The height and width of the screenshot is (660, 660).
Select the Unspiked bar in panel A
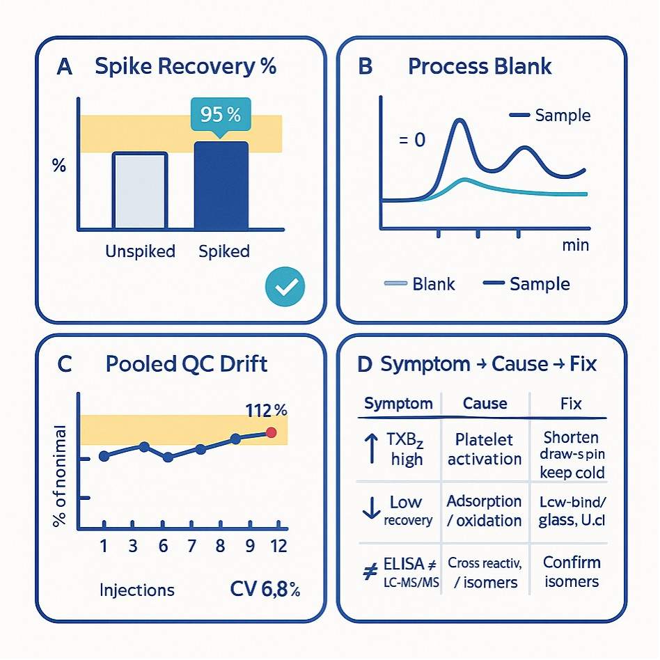point(140,191)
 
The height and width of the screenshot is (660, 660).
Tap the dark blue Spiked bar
point(221,186)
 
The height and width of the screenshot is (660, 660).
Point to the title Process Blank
point(479,66)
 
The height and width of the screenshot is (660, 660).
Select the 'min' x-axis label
point(575,245)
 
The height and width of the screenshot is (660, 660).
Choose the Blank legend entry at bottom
point(420,284)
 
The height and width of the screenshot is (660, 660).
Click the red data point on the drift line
point(272,433)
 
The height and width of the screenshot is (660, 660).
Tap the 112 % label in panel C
point(265,410)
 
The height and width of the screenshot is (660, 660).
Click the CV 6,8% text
point(265,590)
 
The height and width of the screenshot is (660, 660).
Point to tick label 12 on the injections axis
point(278,546)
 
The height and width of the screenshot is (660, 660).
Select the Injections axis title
point(137,590)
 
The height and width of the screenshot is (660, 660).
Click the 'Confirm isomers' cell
point(571,572)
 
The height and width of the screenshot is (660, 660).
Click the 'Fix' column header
point(570,404)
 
